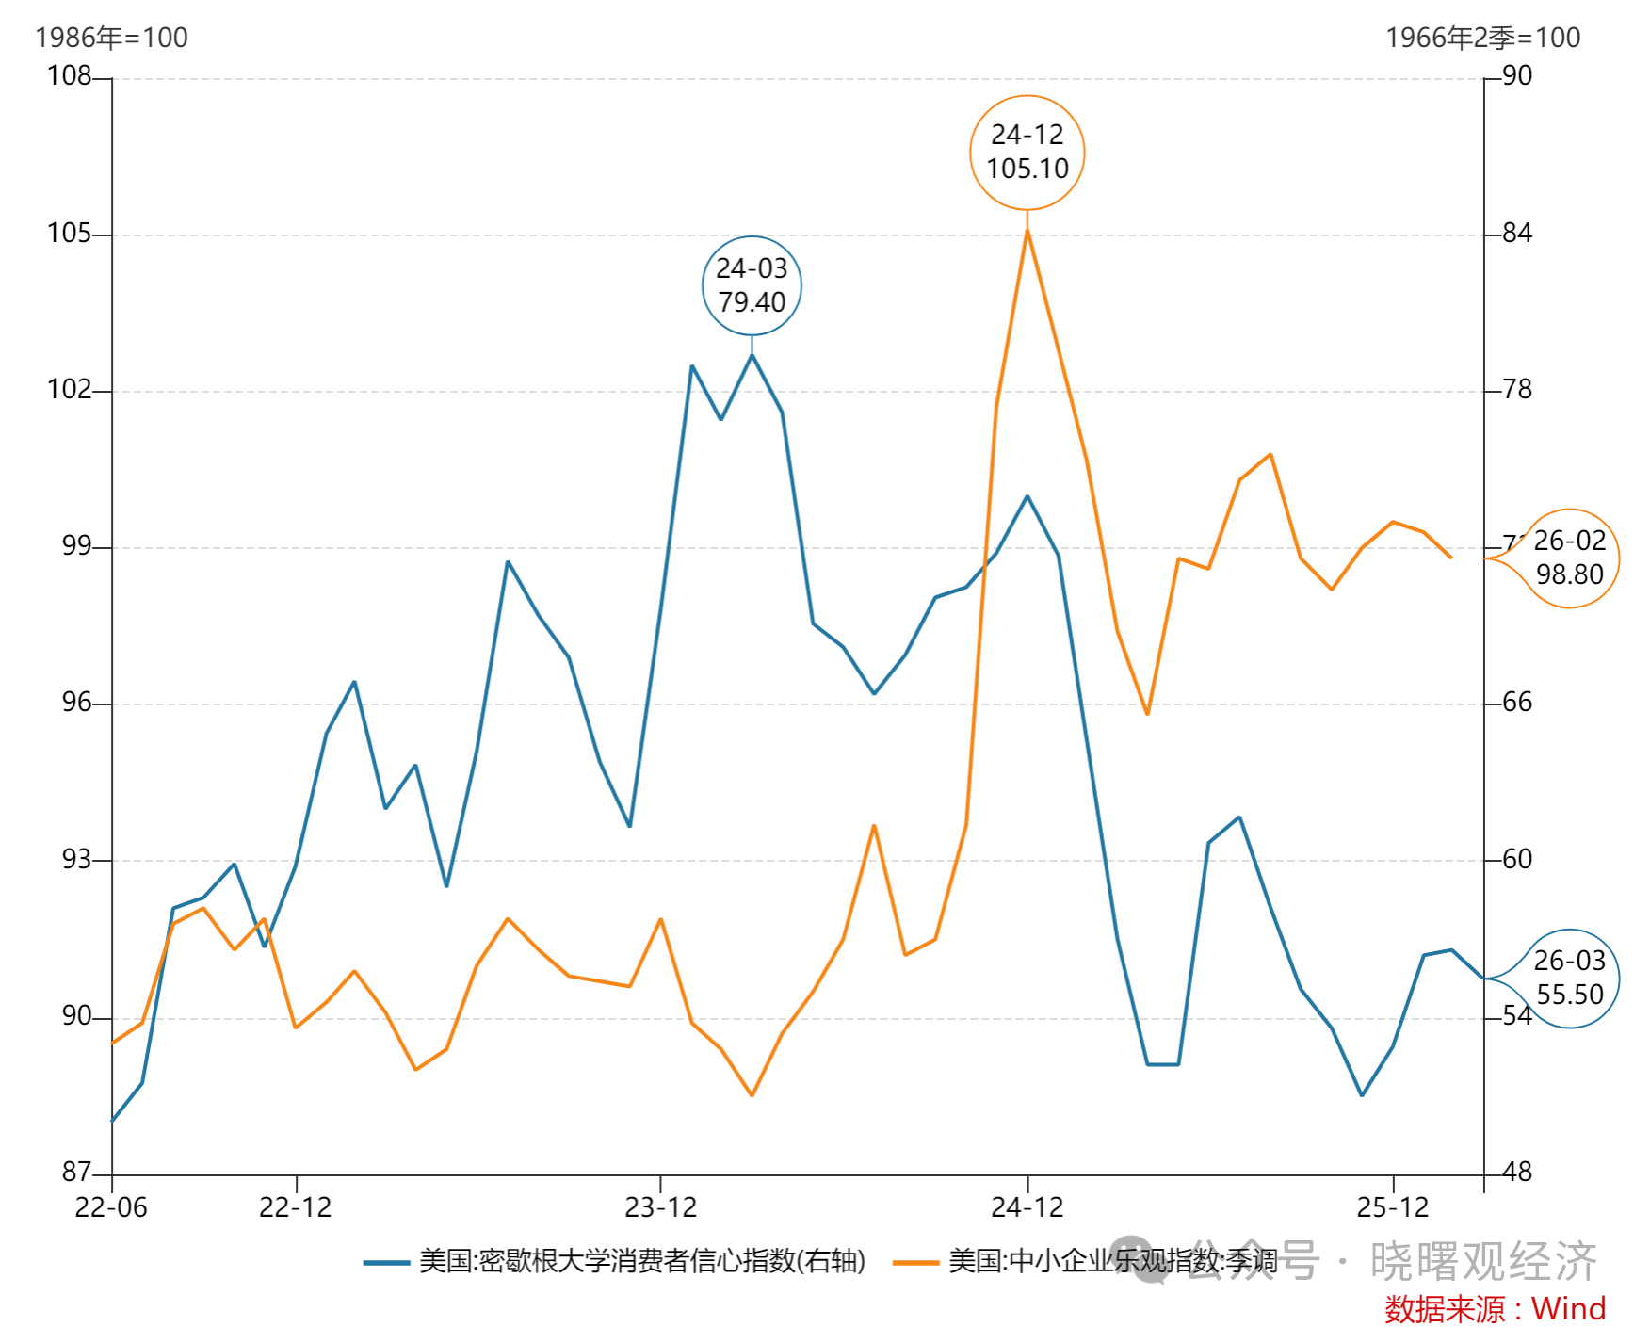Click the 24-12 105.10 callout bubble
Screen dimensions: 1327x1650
[x=1027, y=153]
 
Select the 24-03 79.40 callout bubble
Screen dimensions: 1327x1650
[x=752, y=285]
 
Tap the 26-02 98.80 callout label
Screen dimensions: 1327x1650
[x=1569, y=558]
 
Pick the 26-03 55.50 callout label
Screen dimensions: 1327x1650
[x=1569, y=978]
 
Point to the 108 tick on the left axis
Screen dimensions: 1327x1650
[x=70, y=75]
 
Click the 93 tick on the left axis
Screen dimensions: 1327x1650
[x=76, y=859]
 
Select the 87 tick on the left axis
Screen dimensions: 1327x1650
[x=76, y=1172]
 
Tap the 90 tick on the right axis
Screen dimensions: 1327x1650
[x=1517, y=75]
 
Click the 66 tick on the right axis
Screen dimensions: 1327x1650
[x=1517, y=702]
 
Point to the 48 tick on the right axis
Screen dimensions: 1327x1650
[x=1517, y=1172]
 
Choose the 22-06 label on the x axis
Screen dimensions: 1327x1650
[x=111, y=1207]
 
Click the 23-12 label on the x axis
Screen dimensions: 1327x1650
[x=660, y=1207]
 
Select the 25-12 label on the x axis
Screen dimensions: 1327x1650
[x=1392, y=1207]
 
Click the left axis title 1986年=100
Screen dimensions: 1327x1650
[x=111, y=38]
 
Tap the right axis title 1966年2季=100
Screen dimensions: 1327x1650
[x=1482, y=38]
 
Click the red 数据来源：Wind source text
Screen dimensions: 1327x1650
[x=1495, y=1309]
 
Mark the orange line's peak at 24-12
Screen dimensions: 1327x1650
[x=1027, y=230]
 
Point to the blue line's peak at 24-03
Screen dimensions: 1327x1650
[x=752, y=355]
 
